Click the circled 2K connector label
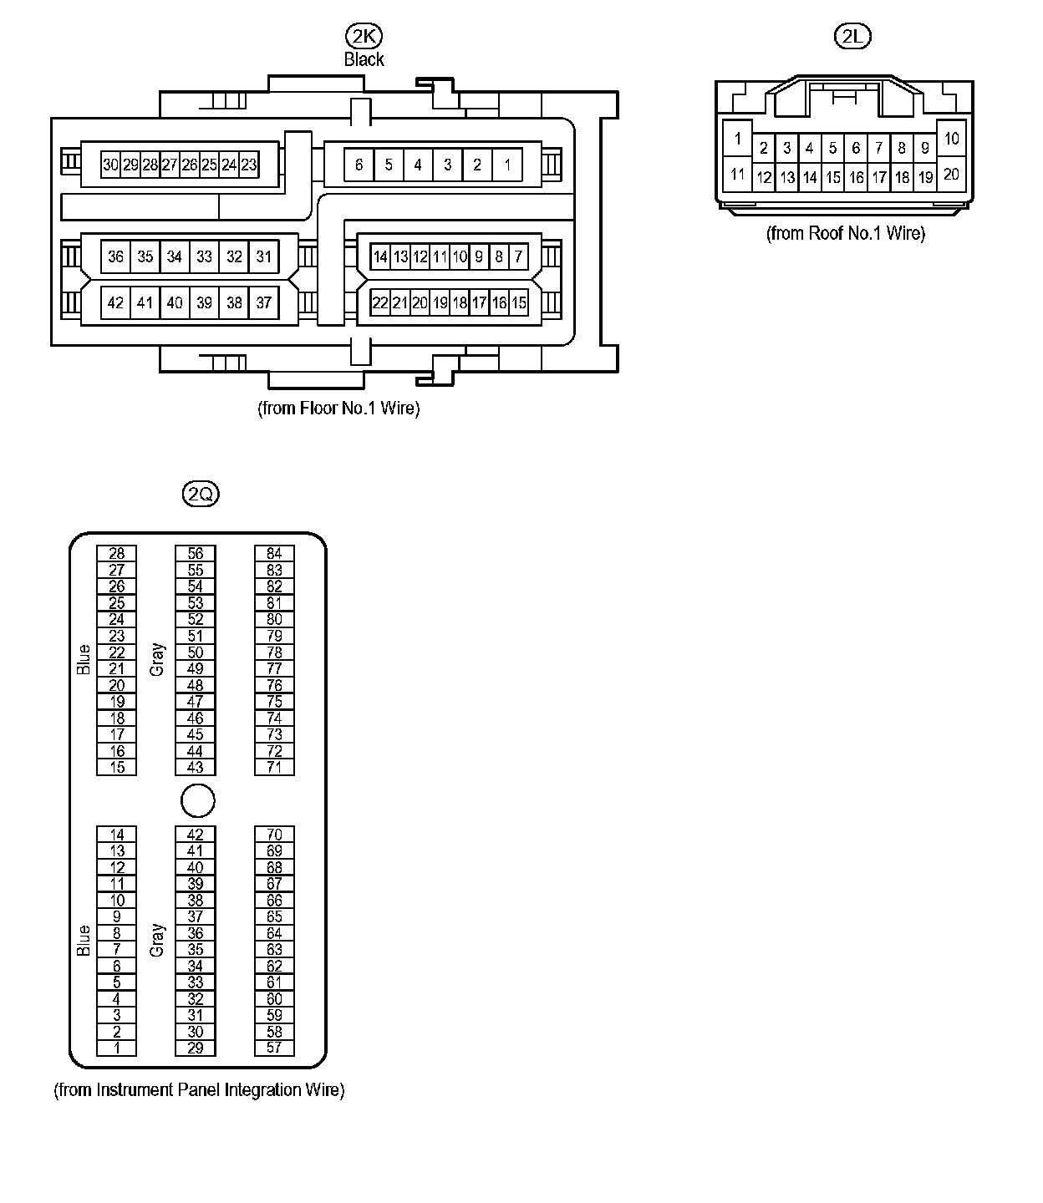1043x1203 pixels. [364, 36]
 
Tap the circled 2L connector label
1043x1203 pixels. [852, 36]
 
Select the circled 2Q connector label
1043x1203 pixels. [201, 494]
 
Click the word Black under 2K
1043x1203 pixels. [364, 59]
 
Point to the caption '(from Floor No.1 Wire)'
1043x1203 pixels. [338, 409]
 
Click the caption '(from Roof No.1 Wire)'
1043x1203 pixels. [846, 233]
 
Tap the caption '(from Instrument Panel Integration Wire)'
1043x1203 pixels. [200, 1090]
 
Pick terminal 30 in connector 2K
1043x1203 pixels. [110, 165]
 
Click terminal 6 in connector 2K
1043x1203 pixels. [359, 165]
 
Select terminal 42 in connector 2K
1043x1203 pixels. [115, 302]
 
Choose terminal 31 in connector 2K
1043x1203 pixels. [264, 256]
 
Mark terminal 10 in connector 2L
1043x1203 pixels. [952, 139]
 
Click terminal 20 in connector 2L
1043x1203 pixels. [952, 174]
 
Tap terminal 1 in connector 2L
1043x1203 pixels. [737, 139]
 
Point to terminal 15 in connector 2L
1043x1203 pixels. [833, 177]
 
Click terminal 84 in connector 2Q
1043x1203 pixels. [274, 553]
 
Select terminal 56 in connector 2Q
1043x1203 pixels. [195, 553]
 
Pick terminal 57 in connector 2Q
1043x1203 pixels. [274, 1048]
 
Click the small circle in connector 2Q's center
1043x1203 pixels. [198, 800]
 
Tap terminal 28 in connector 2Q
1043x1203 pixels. [117, 553]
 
